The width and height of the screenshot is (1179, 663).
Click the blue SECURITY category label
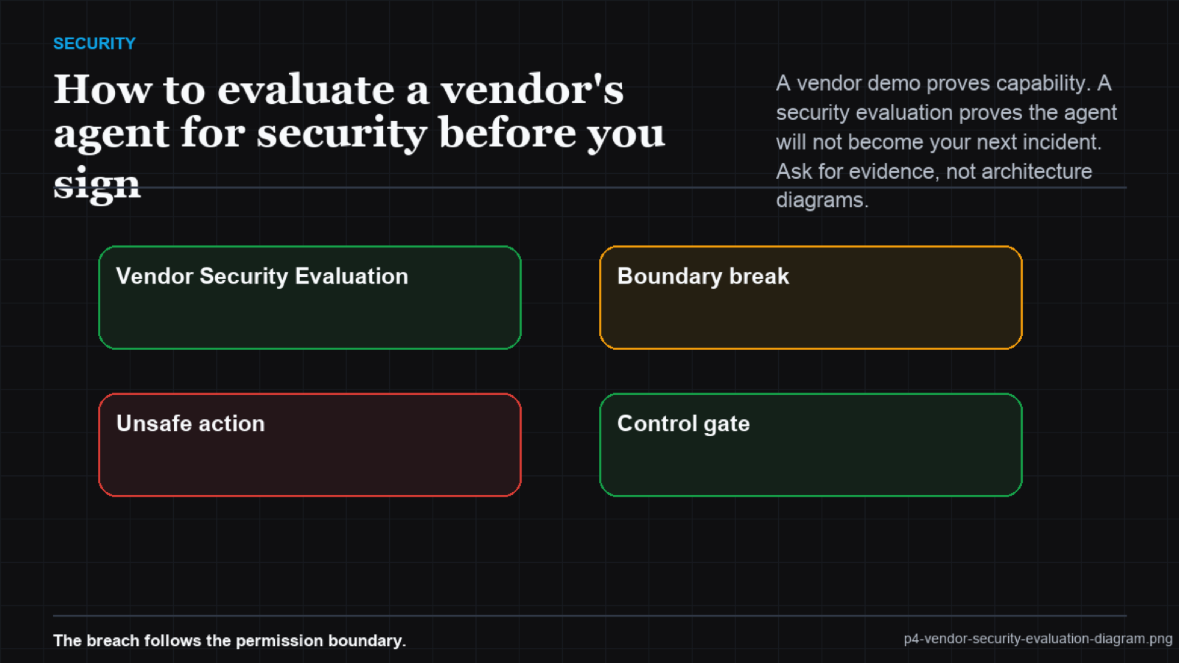coord(94,43)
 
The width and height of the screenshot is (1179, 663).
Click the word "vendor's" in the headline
coord(532,89)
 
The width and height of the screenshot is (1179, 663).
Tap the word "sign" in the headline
coord(97,183)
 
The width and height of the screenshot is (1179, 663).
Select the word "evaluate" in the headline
coord(306,89)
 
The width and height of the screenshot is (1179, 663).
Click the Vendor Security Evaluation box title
coord(262,276)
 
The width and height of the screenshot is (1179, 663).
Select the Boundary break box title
coord(703,276)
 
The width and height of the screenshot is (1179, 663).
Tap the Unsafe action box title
coord(191,424)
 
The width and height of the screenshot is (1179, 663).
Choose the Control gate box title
coord(683,424)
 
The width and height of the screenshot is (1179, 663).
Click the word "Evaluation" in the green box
coord(351,276)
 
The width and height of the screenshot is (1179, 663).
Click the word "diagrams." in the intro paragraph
coord(822,200)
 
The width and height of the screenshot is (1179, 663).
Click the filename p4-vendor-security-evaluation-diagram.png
coord(1038,639)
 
